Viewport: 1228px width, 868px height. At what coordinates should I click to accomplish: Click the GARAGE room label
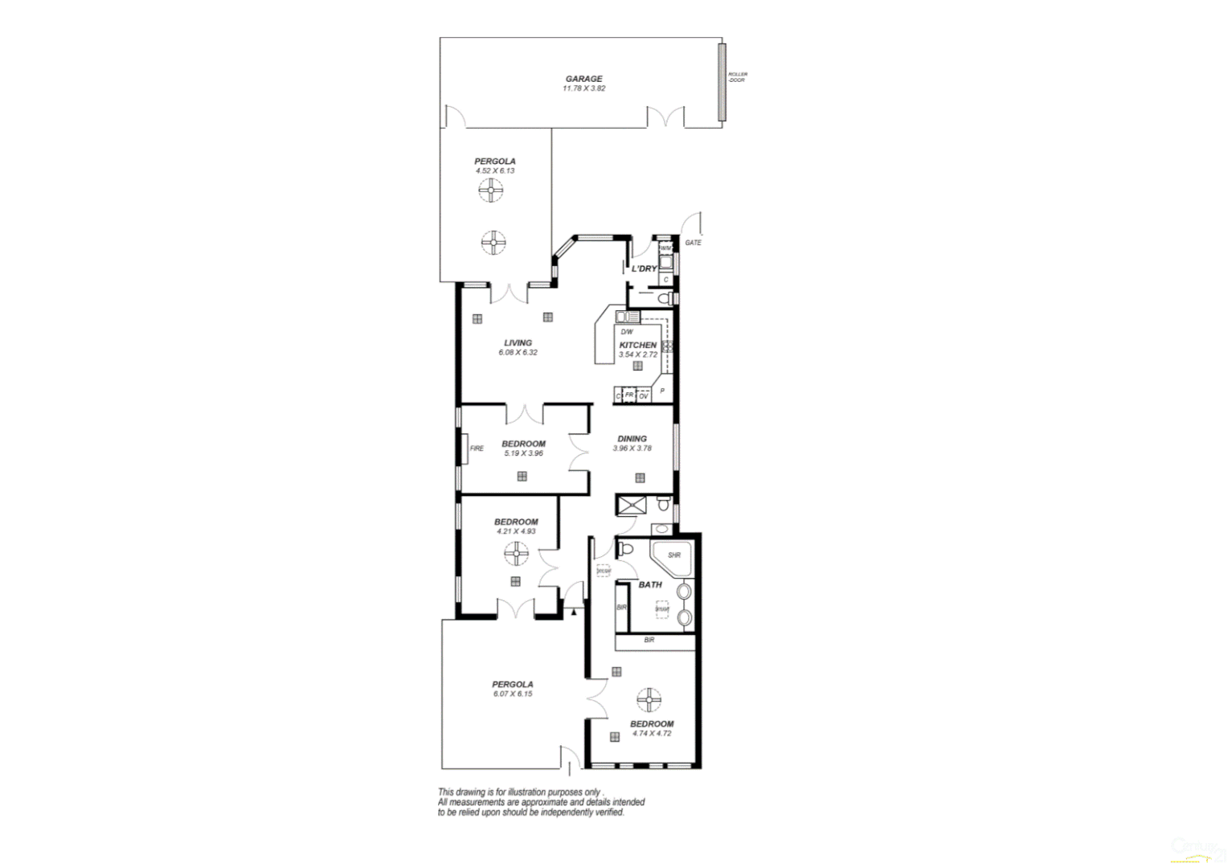[x=583, y=79]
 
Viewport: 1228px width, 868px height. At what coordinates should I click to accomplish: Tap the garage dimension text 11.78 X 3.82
[x=583, y=88]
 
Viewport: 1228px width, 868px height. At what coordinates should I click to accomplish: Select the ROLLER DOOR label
[x=737, y=77]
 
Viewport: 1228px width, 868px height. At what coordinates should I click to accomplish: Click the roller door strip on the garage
[x=722, y=82]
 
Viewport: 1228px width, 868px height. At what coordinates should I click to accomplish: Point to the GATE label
[x=693, y=243]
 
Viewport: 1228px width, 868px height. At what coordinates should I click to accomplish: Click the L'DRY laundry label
[x=644, y=268]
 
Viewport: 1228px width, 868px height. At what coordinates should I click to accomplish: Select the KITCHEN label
[x=637, y=345]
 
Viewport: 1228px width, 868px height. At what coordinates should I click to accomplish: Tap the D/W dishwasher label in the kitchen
[x=627, y=332]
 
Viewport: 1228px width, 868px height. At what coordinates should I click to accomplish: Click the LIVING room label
[x=518, y=343]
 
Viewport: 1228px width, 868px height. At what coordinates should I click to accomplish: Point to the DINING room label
[x=632, y=439]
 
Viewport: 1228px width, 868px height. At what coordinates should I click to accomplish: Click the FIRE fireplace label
[x=477, y=448]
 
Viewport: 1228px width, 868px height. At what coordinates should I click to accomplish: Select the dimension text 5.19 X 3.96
[x=523, y=453]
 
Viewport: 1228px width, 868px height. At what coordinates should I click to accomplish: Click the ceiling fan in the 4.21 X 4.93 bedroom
[x=516, y=553]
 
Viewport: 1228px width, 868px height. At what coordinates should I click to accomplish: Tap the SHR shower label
[x=673, y=555]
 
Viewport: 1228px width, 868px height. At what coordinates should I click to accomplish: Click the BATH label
[x=650, y=585]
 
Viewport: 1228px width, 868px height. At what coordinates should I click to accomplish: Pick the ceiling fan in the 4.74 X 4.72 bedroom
[x=649, y=700]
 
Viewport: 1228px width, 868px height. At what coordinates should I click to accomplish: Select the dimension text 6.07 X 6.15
[x=513, y=694]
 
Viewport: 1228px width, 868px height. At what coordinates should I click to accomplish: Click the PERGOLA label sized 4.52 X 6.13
[x=494, y=162]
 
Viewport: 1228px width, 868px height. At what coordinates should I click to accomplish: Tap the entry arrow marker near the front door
[x=574, y=612]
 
